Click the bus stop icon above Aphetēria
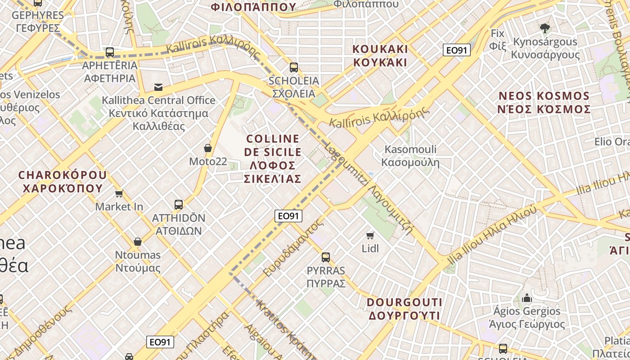(x=110, y=52)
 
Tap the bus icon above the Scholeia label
(x=294, y=67)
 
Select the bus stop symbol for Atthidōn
(x=179, y=205)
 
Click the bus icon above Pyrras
(x=326, y=257)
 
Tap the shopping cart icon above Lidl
(x=370, y=235)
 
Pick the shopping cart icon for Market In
(x=119, y=194)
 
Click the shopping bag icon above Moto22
(x=208, y=148)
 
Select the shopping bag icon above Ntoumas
(x=138, y=242)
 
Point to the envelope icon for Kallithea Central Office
(x=158, y=87)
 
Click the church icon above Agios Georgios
(x=526, y=298)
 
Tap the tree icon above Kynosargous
(x=545, y=28)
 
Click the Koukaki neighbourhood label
(x=380, y=55)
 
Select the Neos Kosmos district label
(x=544, y=103)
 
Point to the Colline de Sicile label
(x=272, y=158)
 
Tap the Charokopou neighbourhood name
(x=63, y=181)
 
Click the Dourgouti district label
(x=405, y=309)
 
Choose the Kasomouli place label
(x=410, y=156)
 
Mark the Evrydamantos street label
(x=293, y=247)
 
